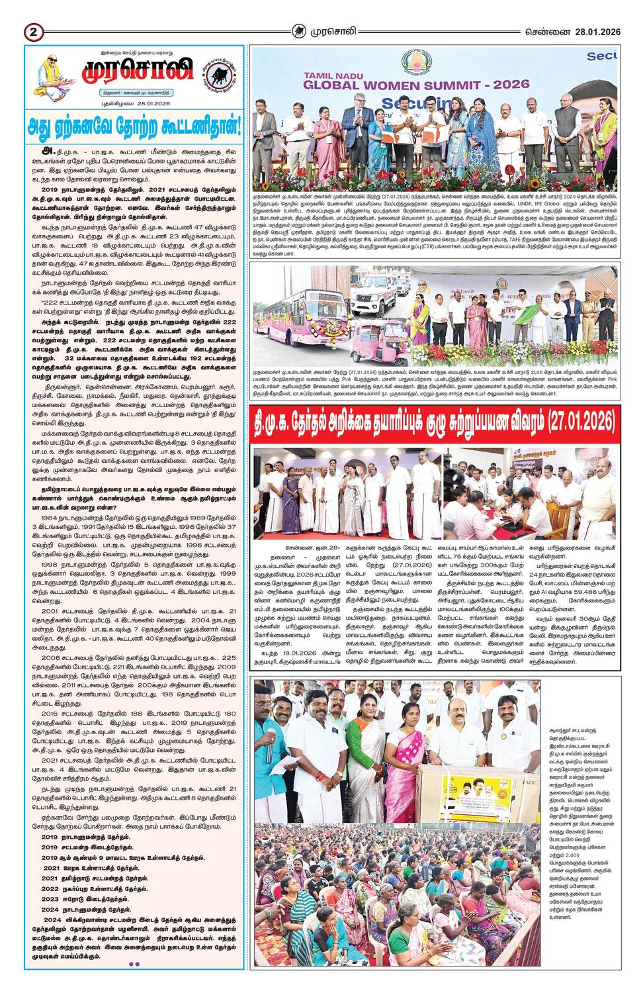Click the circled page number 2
[34, 32]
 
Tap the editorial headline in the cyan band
[134, 125]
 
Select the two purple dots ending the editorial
[134, 964]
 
